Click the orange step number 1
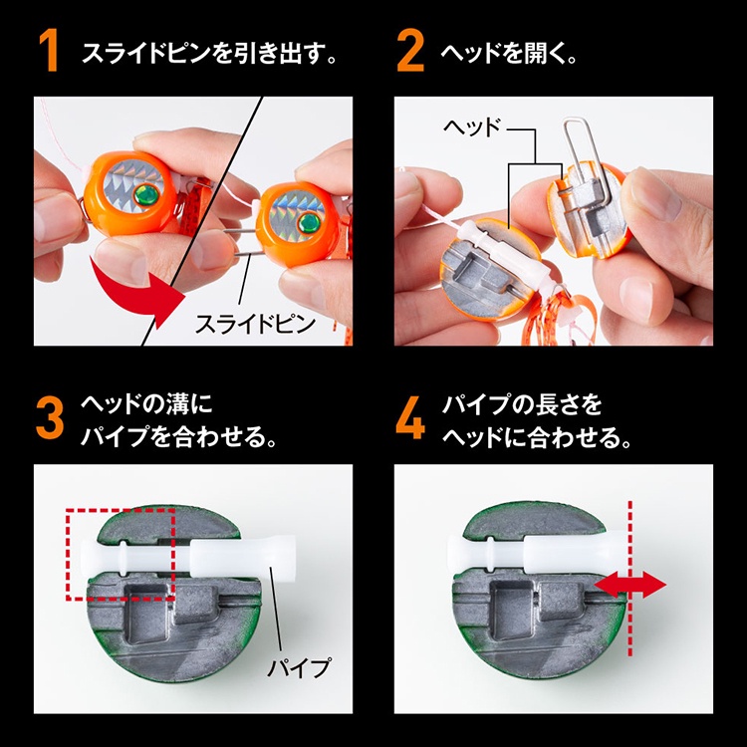click(x=49, y=51)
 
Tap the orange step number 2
click(x=410, y=51)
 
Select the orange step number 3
click(x=50, y=418)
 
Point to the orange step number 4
click(x=410, y=418)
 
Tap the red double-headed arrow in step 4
click(x=629, y=585)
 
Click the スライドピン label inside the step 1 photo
click(x=256, y=324)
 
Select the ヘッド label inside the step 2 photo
click(x=472, y=127)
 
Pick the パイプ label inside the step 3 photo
click(x=299, y=667)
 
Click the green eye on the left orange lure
click(x=145, y=194)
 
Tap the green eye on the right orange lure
click(x=310, y=222)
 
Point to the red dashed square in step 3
click(x=68, y=554)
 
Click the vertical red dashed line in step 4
click(x=630, y=578)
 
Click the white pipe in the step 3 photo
click(x=188, y=556)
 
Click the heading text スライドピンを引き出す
click(x=209, y=52)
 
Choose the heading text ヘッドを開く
click(x=508, y=52)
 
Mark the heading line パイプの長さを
click(x=522, y=404)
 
